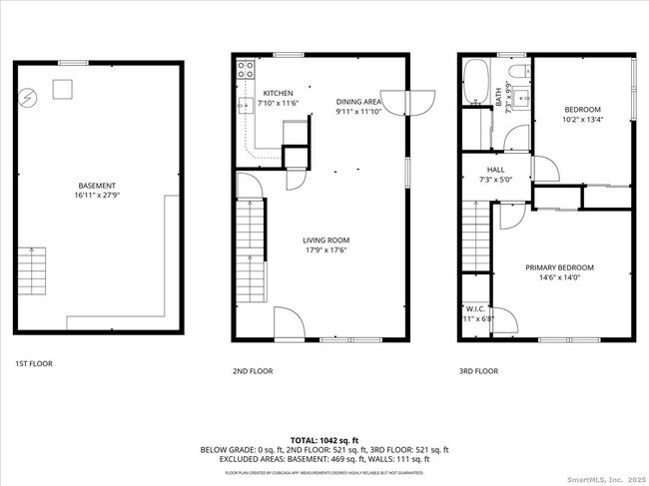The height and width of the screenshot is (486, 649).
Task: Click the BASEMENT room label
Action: (x=97, y=186)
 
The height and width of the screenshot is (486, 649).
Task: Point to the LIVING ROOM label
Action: (x=326, y=240)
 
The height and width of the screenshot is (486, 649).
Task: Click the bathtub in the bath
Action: (x=476, y=80)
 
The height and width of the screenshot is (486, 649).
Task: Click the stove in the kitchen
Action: (x=244, y=70)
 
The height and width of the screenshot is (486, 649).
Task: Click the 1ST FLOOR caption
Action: (x=34, y=363)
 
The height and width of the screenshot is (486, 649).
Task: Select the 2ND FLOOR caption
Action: (x=252, y=370)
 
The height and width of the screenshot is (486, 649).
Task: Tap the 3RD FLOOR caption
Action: (x=478, y=370)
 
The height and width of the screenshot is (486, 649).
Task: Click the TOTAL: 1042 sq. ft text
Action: (x=324, y=439)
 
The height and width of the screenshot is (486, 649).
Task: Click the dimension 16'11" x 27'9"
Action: (x=97, y=197)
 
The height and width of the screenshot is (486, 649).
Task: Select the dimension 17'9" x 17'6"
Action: (x=326, y=250)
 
